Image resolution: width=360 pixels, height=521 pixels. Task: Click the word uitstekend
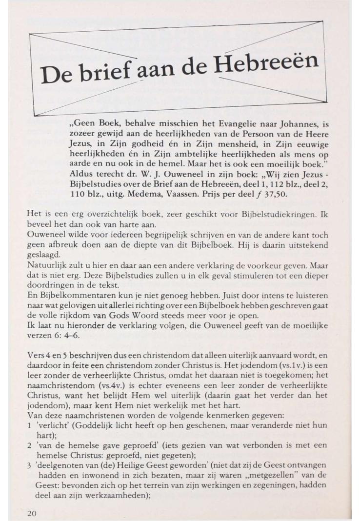click(302, 244)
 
